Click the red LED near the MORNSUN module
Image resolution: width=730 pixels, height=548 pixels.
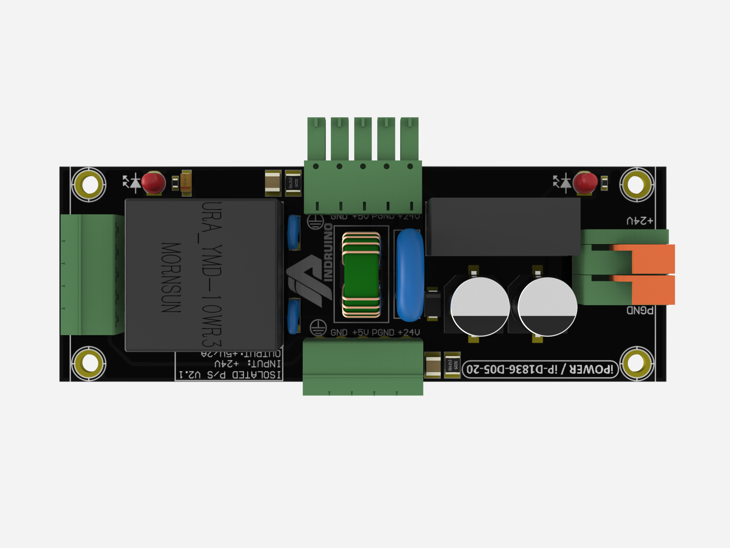[x=153, y=183]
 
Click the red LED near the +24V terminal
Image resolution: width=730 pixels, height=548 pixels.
[x=585, y=183]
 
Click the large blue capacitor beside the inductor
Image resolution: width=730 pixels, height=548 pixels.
[x=410, y=275]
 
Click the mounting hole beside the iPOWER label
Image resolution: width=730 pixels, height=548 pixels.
[x=636, y=364]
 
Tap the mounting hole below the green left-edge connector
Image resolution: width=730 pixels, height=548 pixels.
[x=89, y=364]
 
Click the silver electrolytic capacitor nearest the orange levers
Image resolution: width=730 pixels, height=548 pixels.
[x=547, y=307]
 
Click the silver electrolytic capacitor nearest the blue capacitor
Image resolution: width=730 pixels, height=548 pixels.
[x=480, y=307]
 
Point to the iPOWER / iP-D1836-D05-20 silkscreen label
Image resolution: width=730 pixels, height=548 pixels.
[x=540, y=369]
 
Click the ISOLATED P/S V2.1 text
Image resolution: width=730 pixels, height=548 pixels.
[x=230, y=375]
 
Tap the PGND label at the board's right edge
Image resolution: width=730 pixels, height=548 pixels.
[x=640, y=310]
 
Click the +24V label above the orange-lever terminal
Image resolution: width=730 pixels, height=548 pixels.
[x=640, y=221]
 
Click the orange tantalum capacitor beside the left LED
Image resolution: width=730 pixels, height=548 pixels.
[x=186, y=183]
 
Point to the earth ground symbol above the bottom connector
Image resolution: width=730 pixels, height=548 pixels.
[x=318, y=328]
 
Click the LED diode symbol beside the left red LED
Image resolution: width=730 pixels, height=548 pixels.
[x=132, y=182]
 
